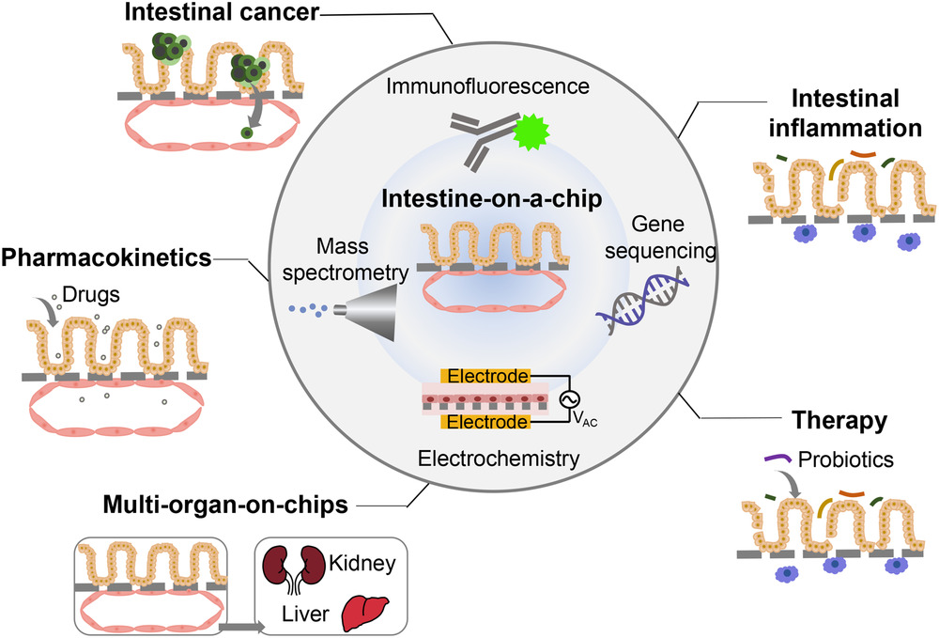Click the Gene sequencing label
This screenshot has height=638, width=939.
tap(675, 239)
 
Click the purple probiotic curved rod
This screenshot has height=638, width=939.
tap(776, 459)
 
